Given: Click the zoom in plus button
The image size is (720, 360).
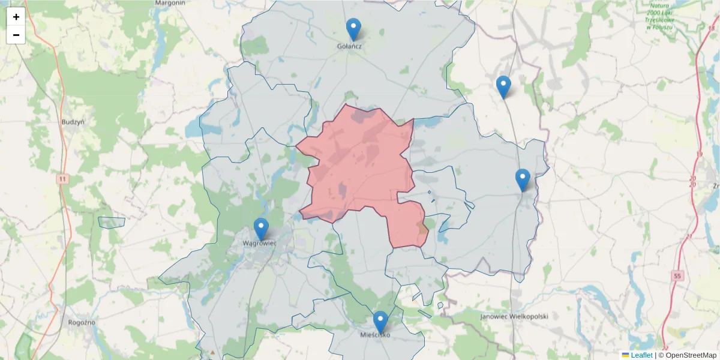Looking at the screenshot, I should (x=16, y=17).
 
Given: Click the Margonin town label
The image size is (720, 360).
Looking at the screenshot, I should (x=169, y=3).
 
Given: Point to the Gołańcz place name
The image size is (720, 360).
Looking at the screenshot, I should (x=349, y=46).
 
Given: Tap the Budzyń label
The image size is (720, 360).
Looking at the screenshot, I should (x=73, y=122).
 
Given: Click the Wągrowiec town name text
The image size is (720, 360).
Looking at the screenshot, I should (x=259, y=244).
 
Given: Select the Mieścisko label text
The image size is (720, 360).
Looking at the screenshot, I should (x=375, y=335).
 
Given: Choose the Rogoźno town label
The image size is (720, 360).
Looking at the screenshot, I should (x=82, y=322).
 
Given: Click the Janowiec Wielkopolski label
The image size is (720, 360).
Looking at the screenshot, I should (x=514, y=316).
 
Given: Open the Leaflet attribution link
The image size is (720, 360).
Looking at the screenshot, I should (x=641, y=355).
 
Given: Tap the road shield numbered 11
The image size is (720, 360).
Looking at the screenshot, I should (x=62, y=179).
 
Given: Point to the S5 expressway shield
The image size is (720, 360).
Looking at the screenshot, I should (x=677, y=276).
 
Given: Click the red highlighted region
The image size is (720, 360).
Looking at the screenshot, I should (x=360, y=168).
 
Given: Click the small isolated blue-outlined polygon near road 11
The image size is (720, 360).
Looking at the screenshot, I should (x=112, y=222).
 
